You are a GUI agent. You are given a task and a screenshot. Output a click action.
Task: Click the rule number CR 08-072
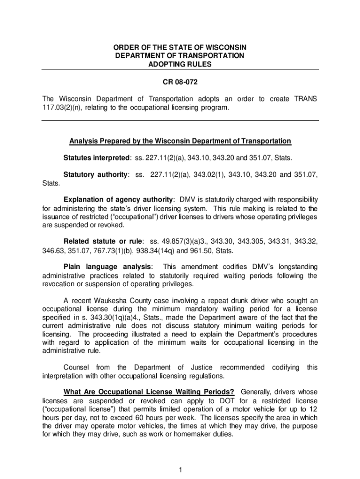[x=180, y=83]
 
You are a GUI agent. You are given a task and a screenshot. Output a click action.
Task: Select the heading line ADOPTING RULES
[x=180, y=64]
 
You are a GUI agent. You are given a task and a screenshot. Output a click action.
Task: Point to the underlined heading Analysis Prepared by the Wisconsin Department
[x=180, y=141]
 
